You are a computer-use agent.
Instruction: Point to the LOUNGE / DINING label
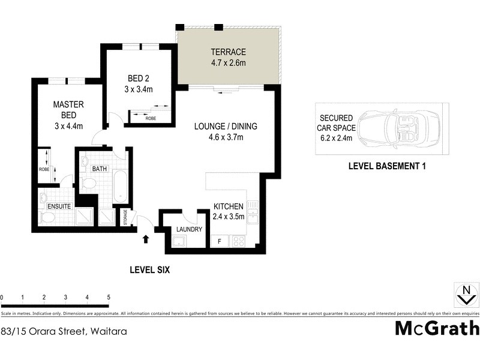pyautogui.click(x=226, y=127)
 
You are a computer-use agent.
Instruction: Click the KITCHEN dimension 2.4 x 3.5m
pyautogui.click(x=229, y=217)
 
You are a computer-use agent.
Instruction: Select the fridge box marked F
pyautogui.click(x=219, y=241)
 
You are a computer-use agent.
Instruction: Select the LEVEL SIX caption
pyautogui.click(x=150, y=270)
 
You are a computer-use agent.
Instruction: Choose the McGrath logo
pyautogui.click(x=437, y=328)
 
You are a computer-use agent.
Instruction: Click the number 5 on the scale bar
pyautogui.click(x=109, y=298)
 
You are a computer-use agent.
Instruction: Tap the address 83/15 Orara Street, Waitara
pyautogui.click(x=55, y=331)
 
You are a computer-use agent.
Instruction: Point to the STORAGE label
pyautogui.click(x=125, y=217)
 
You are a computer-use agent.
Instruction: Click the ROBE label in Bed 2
pyautogui.click(x=151, y=119)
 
